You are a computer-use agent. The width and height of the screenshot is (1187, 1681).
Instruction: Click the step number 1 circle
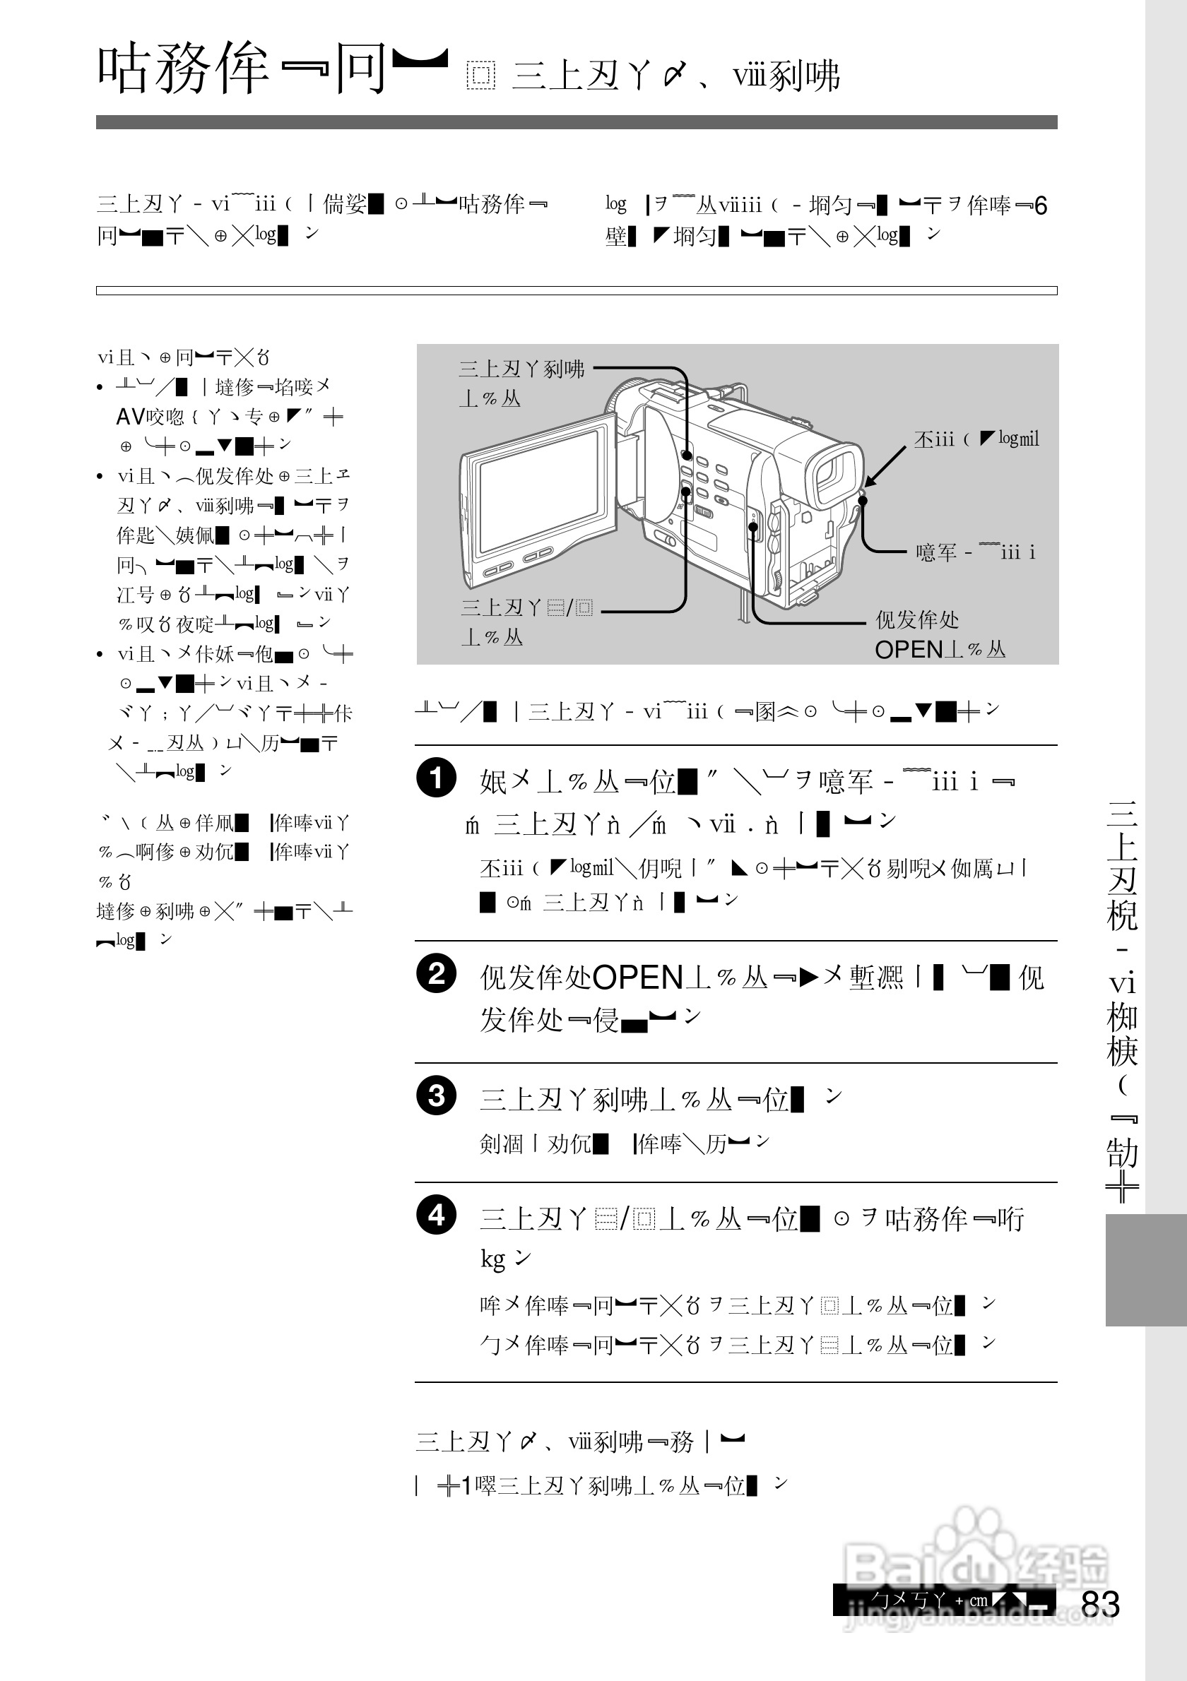(437, 778)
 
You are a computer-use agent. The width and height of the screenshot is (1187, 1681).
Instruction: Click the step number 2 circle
(437, 974)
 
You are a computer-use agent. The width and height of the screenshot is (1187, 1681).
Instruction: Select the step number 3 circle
(437, 1096)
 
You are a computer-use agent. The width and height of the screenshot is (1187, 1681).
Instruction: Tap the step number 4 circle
(437, 1216)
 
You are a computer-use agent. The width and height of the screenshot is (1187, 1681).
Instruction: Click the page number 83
(1100, 1604)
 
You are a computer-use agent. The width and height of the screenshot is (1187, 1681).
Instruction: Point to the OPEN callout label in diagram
(909, 649)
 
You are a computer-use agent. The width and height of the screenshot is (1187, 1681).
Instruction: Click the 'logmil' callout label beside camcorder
(1019, 439)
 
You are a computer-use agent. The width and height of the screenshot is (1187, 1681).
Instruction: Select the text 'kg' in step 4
(492, 1259)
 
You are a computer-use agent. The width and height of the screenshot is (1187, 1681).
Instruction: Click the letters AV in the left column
(131, 417)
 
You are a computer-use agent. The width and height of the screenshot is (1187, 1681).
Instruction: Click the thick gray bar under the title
(577, 121)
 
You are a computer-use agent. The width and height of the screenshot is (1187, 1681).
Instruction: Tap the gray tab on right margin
(1145, 1270)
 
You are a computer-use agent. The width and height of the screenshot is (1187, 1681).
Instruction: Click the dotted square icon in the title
(480, 76)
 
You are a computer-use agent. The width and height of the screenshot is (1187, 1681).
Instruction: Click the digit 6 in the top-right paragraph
(1041, 206)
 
